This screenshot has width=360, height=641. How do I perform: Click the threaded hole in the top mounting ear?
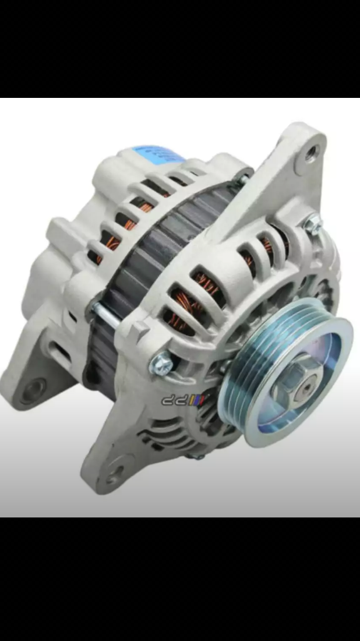pyautogui.click(x=312, y=153)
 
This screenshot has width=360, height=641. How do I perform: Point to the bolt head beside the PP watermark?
pyautogui.click(x=161, y=365)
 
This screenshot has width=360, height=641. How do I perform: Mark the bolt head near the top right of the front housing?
pyautogui.click(x=313, y=223)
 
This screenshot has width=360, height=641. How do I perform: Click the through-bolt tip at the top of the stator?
pyautogui.click(x=240, y=181)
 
